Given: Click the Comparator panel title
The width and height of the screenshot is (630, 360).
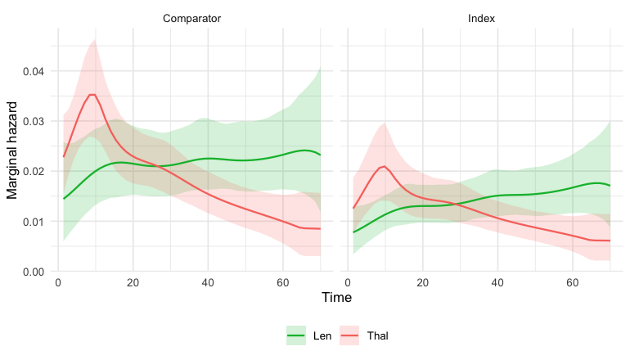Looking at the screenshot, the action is coord(191,19).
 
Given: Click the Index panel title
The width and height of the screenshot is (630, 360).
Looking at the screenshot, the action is coord(481,19).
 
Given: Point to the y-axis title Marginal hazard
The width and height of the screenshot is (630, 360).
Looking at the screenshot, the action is coord(12,151).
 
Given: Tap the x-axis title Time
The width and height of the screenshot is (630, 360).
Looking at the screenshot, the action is coord(337,297).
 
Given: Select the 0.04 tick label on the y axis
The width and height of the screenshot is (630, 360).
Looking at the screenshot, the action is coord(34,71).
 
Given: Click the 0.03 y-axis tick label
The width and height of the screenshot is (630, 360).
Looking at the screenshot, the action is coord(34,121).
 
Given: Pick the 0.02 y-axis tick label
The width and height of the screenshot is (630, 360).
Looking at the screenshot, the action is coord(34,172).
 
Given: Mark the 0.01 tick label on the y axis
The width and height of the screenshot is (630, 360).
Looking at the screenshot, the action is coord(34,222).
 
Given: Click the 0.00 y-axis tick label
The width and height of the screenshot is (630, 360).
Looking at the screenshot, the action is coord(34,272).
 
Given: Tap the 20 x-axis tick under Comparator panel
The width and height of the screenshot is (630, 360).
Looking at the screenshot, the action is coord(133,283).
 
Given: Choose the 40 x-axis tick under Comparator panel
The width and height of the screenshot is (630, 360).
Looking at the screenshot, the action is coord(208,283).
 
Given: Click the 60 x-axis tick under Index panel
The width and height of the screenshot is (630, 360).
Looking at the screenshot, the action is coord(573,283).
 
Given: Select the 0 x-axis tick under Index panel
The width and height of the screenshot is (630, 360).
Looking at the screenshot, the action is coord(348,283).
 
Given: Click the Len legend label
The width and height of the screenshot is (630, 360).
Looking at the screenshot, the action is coord(322,336).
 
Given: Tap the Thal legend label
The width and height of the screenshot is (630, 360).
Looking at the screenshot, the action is coord(377,336).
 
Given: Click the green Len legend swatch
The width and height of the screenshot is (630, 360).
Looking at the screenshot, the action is coord(296,335).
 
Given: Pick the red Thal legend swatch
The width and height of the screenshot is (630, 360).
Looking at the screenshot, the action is coord(349,335).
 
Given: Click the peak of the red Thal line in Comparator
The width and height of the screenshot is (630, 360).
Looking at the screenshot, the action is coord(92,95).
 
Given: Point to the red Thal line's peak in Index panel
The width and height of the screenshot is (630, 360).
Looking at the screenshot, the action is coord(385,166).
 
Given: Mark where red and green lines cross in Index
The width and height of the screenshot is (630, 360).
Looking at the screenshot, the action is coord(457,204).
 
